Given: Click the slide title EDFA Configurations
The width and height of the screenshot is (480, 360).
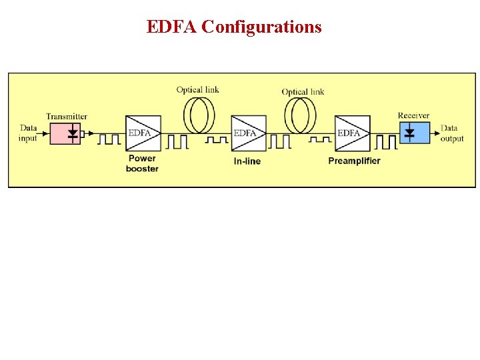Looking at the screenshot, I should [x=234, y=27].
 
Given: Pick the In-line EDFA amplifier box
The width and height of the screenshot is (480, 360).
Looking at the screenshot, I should [x=249, y=133].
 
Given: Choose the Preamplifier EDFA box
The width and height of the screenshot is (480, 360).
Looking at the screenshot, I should [x=353, y=133].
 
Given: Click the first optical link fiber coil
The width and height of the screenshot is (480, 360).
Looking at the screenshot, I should [x=199, y=115].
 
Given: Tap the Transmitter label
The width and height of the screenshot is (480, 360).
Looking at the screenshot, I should [x=66, y=117].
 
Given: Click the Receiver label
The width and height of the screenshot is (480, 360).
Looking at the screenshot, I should [x=413, y=116].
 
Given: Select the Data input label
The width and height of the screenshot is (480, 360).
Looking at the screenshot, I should [x=28, y=133].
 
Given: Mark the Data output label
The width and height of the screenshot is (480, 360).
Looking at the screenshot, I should [x=452, y=133].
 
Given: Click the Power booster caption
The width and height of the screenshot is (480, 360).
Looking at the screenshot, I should [x=142, y=163].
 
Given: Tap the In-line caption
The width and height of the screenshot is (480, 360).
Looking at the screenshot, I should [x=247, y=161].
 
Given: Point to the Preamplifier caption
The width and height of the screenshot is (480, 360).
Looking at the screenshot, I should [x=354, y=161].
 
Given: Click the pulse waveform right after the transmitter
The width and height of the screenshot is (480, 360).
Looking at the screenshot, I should [x=109, y=139].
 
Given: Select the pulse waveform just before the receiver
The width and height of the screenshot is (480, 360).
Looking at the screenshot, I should [x=386, y=141].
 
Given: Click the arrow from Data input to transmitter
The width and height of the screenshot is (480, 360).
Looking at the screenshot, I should [x=45, y=133].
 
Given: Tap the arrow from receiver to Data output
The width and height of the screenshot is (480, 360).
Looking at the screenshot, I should [x=433, y=133].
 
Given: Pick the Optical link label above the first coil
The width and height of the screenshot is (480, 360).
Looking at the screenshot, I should [x=197, y=90].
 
